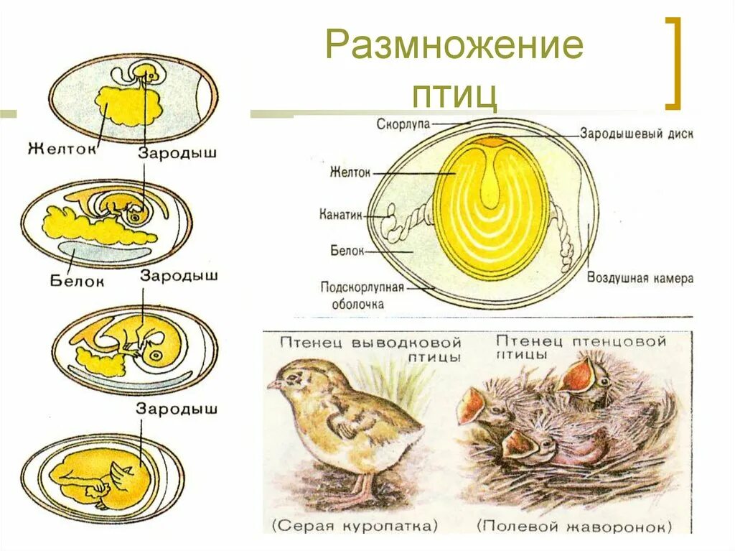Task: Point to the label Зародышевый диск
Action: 637,134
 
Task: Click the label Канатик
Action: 340,214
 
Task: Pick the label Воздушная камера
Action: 640,278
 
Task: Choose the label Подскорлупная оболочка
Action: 362,295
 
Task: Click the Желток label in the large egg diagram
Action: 350,172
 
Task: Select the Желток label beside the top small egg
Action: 62,149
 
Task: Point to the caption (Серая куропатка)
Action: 355,526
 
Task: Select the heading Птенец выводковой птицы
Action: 370,348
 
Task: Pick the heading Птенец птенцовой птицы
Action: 581,347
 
